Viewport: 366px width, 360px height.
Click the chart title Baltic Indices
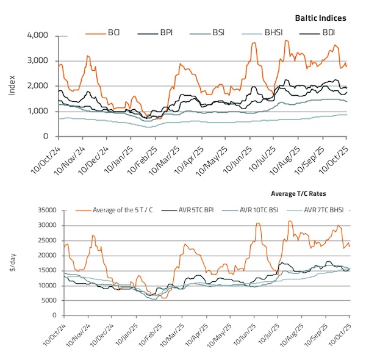click(320, 19)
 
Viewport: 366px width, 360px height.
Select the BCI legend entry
click(114, 31)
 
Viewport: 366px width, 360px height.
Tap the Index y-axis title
click(13, 86)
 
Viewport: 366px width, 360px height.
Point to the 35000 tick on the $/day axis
click(46, 211)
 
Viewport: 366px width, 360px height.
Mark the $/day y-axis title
click(13, 263)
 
